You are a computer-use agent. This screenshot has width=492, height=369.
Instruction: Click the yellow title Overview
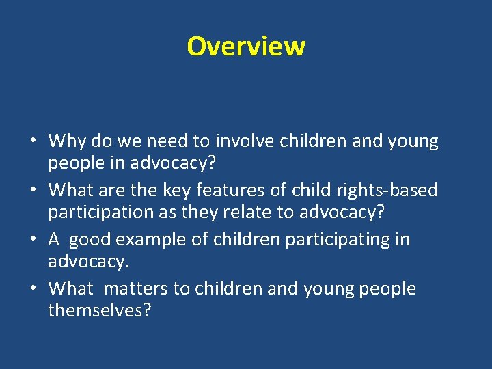pyautogui.click(x=246, y=46)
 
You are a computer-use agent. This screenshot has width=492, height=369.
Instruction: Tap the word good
pyautogui.click(x=93, y=240)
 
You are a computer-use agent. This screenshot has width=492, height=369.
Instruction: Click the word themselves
pyautogui.click(x=100, y=310)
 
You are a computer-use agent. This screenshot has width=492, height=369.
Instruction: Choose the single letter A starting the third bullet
pyautogui.click(x=55, y=240)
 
